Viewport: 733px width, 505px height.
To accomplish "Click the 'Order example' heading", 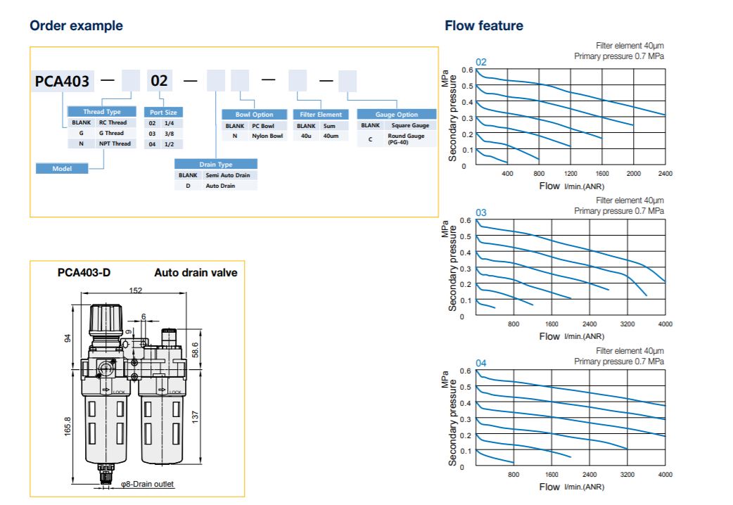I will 76,26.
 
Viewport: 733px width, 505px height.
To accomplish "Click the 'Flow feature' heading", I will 483,26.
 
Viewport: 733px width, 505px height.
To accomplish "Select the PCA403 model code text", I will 63,82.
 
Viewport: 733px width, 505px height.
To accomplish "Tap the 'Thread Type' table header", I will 102,112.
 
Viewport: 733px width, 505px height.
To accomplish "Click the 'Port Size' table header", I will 163,112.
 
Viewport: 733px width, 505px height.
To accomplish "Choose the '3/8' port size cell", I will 170,133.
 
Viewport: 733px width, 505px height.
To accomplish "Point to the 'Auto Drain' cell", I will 221,186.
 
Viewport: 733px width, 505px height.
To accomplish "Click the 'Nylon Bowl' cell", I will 267,136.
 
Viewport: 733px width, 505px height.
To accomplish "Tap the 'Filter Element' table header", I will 321,115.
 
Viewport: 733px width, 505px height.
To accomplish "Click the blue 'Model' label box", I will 62,168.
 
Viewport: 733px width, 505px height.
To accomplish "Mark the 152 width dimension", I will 136,290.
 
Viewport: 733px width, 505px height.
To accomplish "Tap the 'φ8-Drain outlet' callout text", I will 147,484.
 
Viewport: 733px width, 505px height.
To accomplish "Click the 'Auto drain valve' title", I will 196,273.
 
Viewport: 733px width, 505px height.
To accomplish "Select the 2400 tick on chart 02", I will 665,174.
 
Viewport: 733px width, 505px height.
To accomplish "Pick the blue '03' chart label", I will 481,212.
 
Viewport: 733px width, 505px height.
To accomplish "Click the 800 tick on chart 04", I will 514,475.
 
